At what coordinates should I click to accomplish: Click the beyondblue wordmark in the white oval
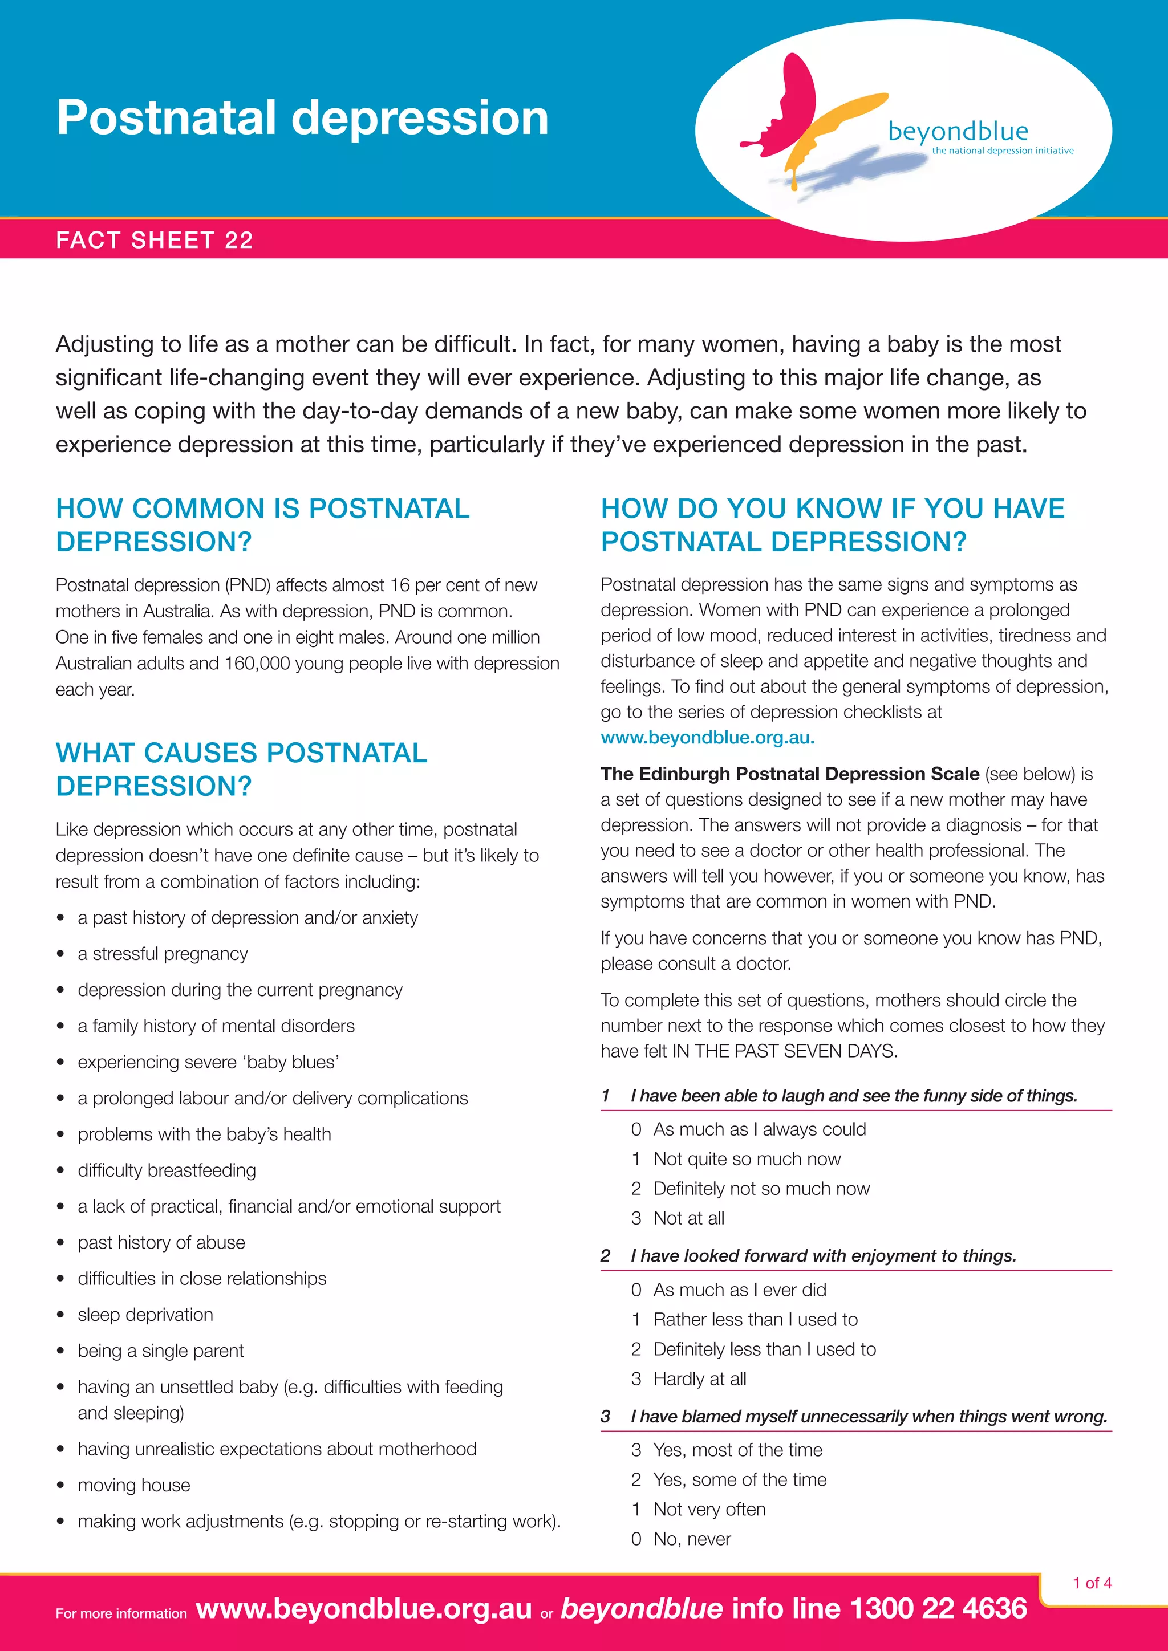[958, 132]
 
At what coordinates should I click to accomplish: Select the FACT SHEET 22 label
[155, 239]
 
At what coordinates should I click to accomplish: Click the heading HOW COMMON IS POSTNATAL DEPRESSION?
[262, 525]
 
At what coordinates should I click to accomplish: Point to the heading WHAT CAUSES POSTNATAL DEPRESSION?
[242, 768]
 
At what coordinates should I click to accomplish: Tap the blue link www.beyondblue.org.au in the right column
[708, 737]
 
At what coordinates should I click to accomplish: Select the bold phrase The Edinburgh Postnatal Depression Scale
[790, 774]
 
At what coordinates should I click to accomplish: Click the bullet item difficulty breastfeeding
[167, 1170]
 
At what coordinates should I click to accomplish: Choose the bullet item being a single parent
[160, 1351]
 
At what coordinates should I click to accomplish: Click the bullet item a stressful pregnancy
[163, 954]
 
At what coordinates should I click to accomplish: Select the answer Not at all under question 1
[688, 1218]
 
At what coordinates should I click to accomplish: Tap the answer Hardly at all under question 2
[699, 1378]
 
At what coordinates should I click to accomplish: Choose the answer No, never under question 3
[691, 1539]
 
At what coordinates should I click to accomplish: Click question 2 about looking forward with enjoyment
[823, 1255]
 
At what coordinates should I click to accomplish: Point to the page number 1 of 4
[1092, 1583]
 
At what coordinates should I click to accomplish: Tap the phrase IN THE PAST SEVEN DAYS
[784, 1051]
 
